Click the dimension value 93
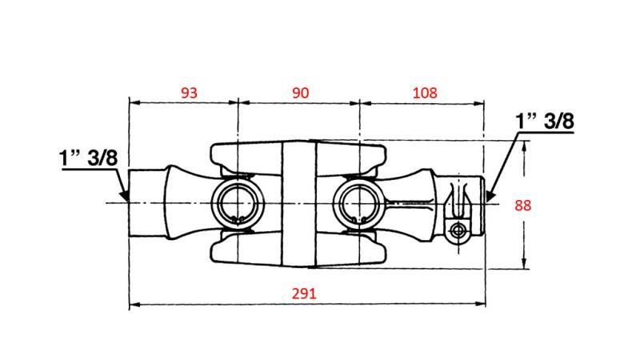coord(189,93)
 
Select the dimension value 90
coord(300,93)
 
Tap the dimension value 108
coord(425,93)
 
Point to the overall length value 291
coord(305,293)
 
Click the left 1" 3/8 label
coord(88,157)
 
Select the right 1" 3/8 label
coord(546,122)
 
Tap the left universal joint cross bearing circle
coord(236,203)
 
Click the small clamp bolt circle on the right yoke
coord(458,231)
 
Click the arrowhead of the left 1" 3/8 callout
coord(124,194)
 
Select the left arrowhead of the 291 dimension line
coord(134,304)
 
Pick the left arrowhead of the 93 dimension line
coord(134,102)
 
